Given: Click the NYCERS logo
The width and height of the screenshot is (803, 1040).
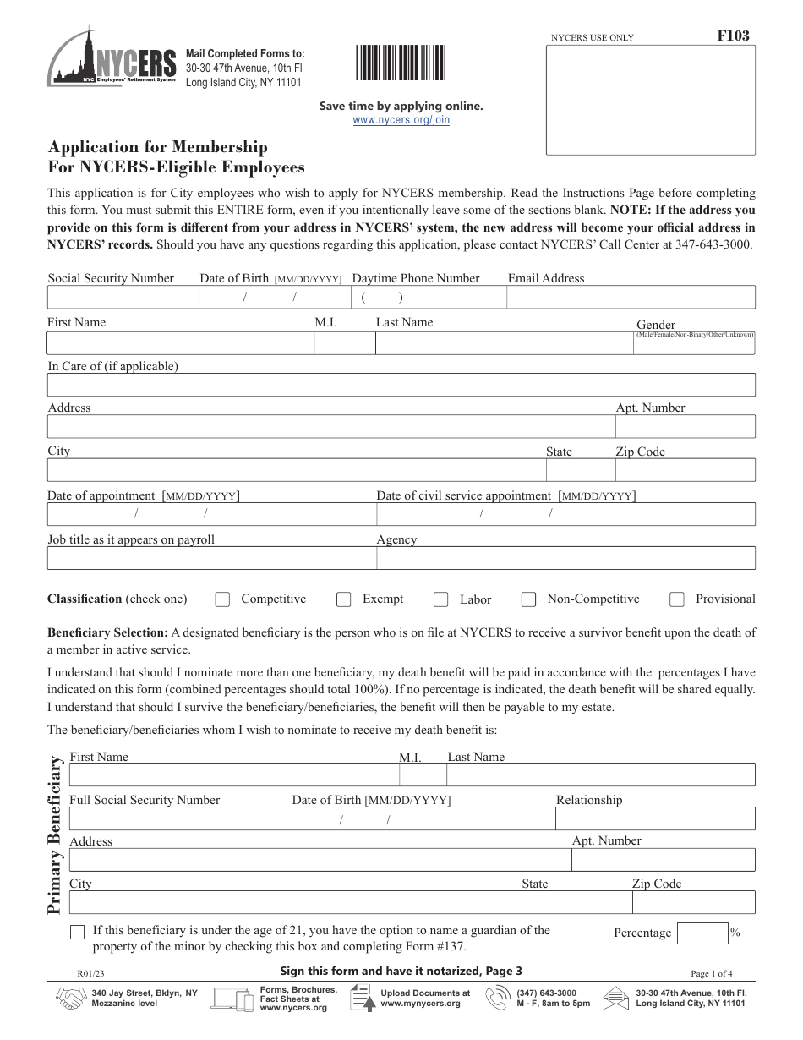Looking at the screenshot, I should (x=112, y=64).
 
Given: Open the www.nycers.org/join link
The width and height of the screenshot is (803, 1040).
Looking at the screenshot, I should (x=401, y=120).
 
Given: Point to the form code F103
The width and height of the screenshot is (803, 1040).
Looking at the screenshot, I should (x=734, y=36).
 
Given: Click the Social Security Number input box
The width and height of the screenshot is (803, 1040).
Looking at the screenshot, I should (x=123, y=298).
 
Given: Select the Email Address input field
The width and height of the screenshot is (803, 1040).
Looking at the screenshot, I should (x=631, y=298).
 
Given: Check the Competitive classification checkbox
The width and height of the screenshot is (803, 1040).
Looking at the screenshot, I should (x=222, y=599).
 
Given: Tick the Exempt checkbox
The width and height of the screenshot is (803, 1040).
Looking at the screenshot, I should (x=344, y=599).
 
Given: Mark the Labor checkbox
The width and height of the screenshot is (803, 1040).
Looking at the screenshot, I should (x=440, y=599).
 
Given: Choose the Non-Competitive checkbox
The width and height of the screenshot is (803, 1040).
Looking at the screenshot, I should (x=529, y=599).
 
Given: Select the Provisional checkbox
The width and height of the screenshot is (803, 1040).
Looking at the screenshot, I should (x=677, y=599).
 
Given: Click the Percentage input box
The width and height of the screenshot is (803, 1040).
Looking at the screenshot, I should (x=702, y=933).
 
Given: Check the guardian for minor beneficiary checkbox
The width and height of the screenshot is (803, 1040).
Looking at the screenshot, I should (x=78, y=932).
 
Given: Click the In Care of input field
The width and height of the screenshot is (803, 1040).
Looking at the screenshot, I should (x=401, y=386).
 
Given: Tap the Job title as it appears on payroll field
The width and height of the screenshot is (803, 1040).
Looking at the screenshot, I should (x=211, y=558).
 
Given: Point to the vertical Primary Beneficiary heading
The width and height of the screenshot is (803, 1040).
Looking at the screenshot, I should (x=56, y=835).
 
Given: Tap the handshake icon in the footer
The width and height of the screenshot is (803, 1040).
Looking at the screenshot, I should (x=71, y=999).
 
